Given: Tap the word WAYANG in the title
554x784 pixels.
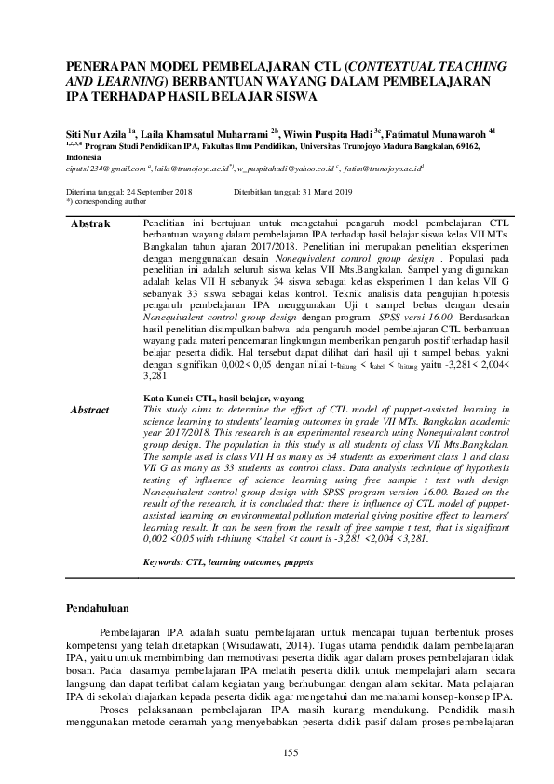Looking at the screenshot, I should (x=325, y=81).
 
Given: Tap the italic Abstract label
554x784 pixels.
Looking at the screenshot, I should (x=91, y=410).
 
